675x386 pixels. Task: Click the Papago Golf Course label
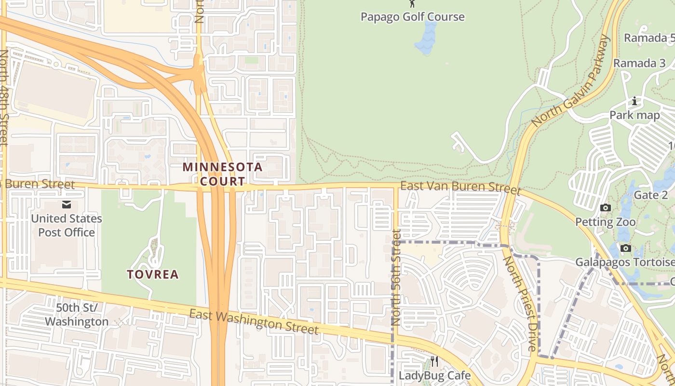(x=413, y=17)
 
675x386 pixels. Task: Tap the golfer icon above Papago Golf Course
(x=413, y=3)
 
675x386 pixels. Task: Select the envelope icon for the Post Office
(x=66, y=205)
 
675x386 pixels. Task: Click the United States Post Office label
(x=67, y=225)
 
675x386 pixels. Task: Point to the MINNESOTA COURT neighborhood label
(x=222, y=174)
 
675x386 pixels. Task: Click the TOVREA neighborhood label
(x=153, y=275)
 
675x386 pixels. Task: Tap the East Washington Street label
(x=254, y=322)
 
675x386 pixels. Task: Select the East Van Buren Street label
(x=460, y=187)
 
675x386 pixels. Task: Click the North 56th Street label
(x=396, y=277)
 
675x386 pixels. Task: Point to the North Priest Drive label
(x=520, y=303)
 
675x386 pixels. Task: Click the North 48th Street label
(x=4, y=97)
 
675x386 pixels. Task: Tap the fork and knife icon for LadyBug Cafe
(x=434, y=361)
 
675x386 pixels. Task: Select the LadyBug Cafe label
(x=434, y=375)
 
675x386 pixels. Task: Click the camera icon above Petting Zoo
(x=606, y=208)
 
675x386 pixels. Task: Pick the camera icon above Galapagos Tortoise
(x=626, y=248)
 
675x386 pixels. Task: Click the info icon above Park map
(x=634, y=101)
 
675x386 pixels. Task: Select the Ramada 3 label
(x=639, y=63)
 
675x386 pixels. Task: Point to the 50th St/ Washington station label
(x=76, y=315)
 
